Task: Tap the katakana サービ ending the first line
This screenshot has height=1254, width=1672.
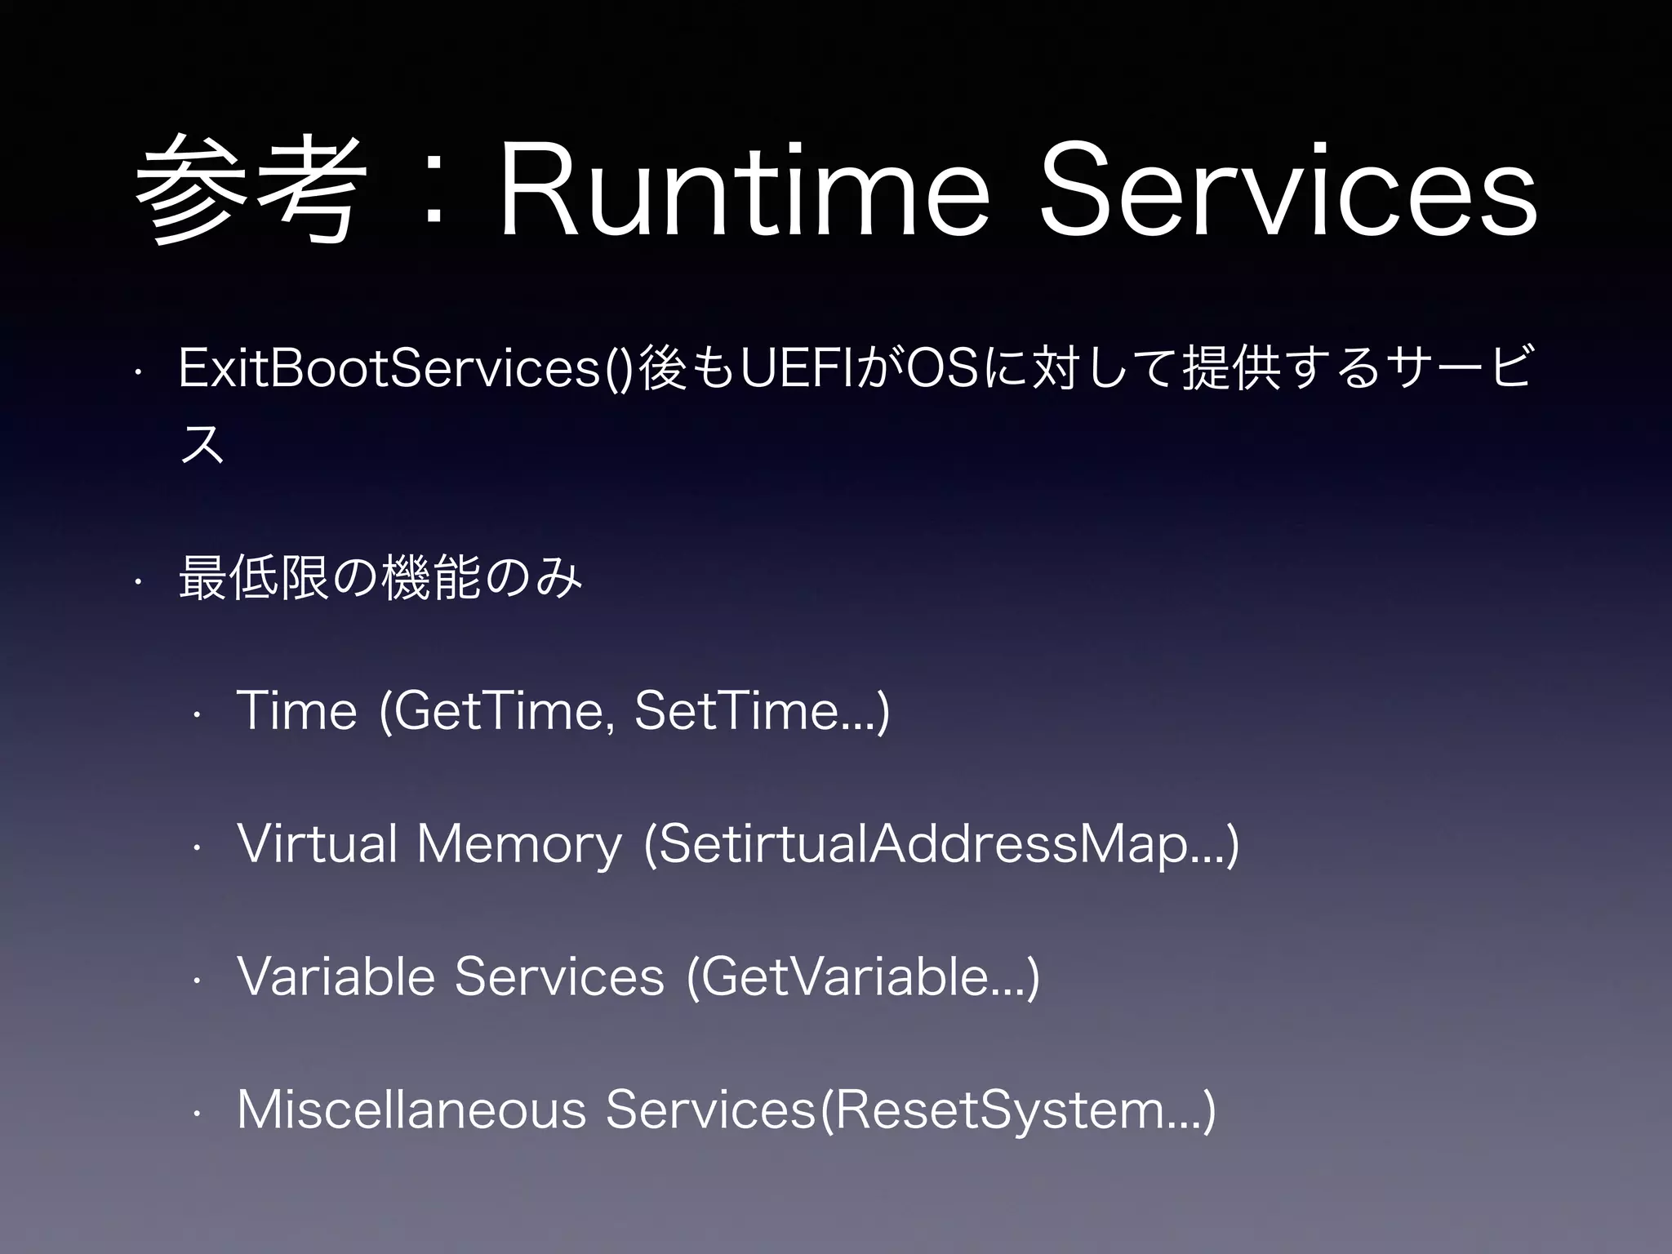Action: [1453, 368]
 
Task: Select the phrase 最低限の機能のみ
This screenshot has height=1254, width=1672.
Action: [380, 577]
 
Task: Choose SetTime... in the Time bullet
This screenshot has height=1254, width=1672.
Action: [756, 711]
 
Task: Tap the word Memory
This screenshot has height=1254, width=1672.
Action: [519, 844]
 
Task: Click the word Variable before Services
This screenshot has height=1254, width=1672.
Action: [336, 977]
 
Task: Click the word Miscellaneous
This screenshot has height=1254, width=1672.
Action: [411, 1110]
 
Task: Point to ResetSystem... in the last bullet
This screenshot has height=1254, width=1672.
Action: [1016, 1110]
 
